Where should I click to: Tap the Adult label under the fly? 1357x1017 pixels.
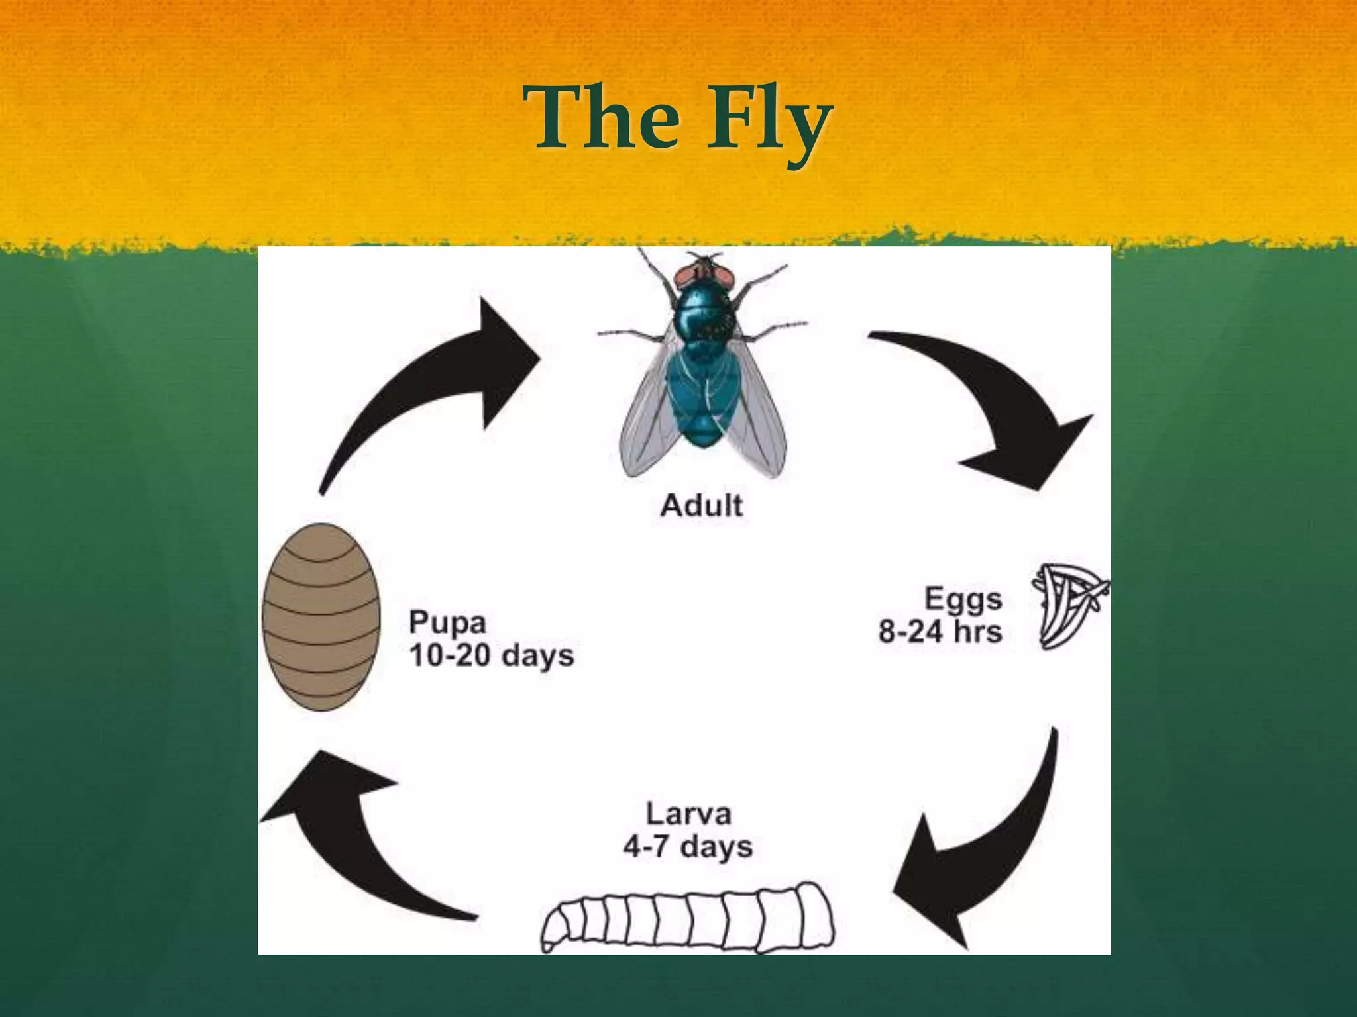coord(701,506)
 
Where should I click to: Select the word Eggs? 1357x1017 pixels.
coord(963,599)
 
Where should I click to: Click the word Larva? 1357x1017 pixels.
coord(688,814)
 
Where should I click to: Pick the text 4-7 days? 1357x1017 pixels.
coord(688,847)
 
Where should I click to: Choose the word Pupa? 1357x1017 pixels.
coord(448,622)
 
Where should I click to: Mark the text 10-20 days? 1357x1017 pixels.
coord(491,655)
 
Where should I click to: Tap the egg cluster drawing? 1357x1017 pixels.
coord(1067,604)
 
